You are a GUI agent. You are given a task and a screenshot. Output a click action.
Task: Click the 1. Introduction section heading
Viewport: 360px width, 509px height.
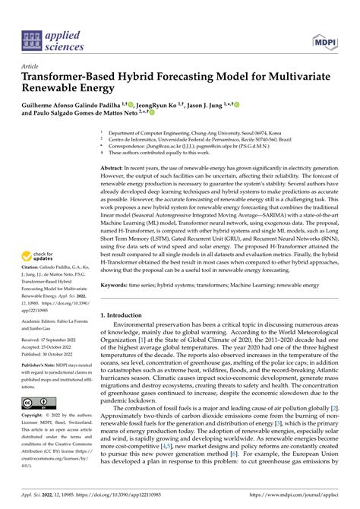126,294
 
